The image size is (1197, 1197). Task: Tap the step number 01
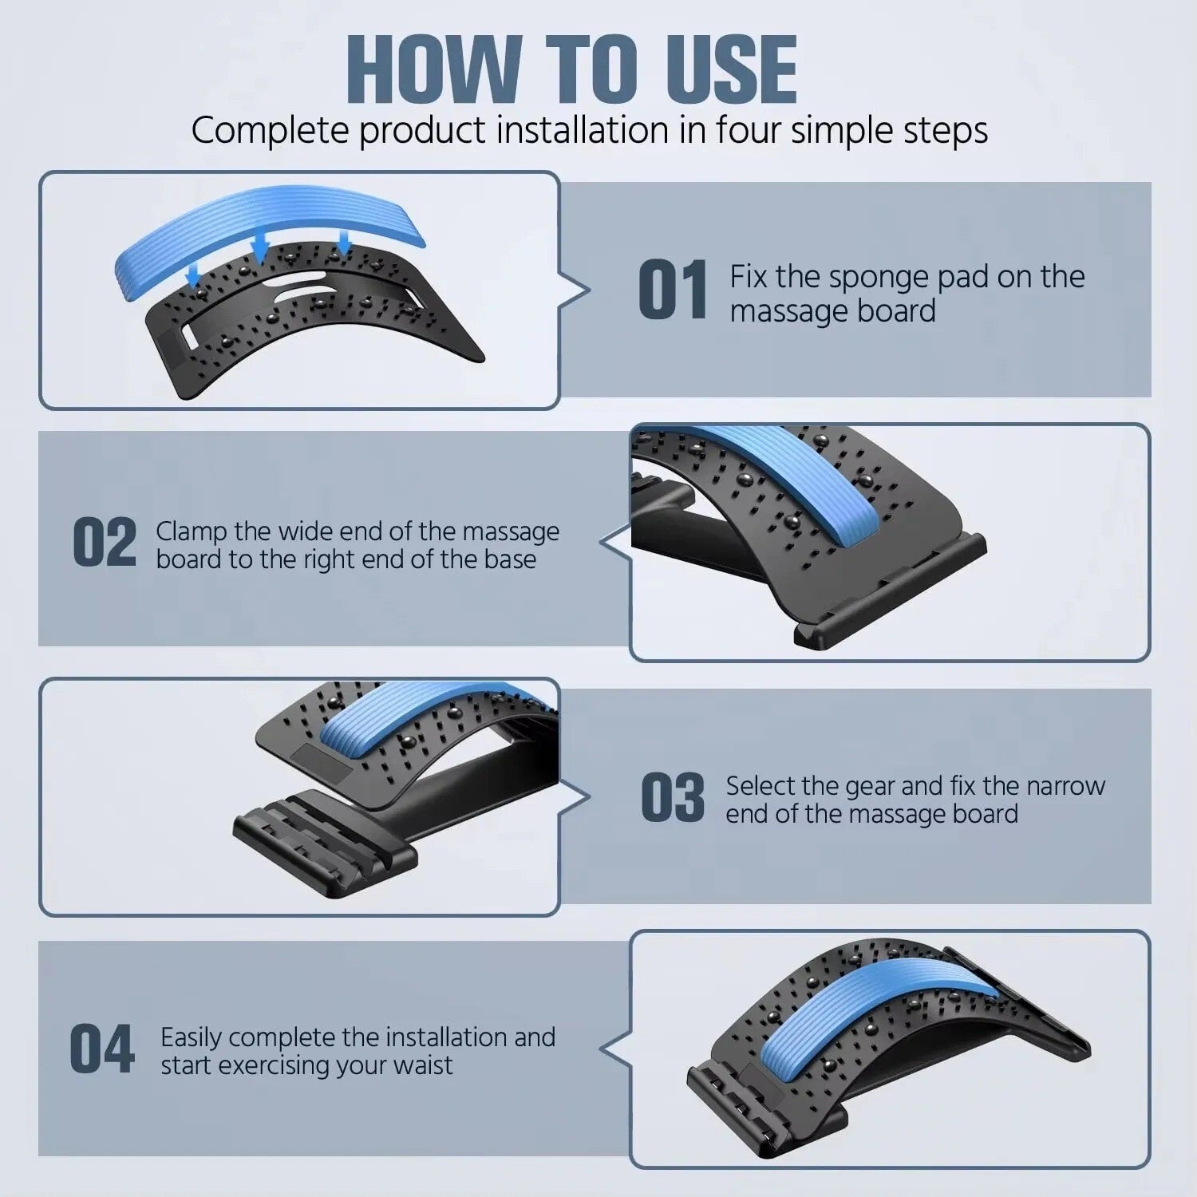674,290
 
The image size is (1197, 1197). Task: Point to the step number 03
674,796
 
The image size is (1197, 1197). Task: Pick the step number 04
102,1049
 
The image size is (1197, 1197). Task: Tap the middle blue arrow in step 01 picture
260,246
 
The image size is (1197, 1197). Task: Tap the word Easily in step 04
192,1038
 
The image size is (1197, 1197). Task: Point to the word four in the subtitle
748,130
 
